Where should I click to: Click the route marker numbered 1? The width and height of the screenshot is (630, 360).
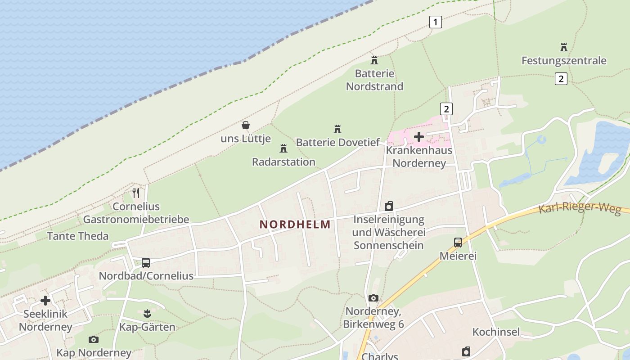435,22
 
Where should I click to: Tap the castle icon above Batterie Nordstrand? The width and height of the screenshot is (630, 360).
374,60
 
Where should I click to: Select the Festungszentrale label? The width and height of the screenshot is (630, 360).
563,60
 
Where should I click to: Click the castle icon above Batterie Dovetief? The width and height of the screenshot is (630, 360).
337,129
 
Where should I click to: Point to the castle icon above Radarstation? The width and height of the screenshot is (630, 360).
283,148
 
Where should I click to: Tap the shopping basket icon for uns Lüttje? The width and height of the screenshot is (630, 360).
246,125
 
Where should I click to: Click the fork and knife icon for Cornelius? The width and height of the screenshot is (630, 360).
136,193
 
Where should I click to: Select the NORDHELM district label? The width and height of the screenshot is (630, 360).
295,224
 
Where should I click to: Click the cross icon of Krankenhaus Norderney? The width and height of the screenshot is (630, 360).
419,136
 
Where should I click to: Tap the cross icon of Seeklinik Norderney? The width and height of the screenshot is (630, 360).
45,300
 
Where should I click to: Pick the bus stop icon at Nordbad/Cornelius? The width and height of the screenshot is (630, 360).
146,262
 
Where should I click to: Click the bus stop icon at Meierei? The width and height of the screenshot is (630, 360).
458,243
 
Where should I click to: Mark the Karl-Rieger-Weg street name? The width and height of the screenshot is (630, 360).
580,208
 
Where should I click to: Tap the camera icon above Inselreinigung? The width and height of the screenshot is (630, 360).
389,206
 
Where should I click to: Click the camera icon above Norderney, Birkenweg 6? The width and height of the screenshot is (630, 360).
373,298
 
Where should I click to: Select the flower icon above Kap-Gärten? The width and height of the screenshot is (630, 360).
147,313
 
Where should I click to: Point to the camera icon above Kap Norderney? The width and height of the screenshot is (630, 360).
94,339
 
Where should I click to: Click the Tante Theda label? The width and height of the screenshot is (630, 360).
78,236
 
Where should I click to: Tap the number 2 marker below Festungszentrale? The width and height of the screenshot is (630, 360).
561,79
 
